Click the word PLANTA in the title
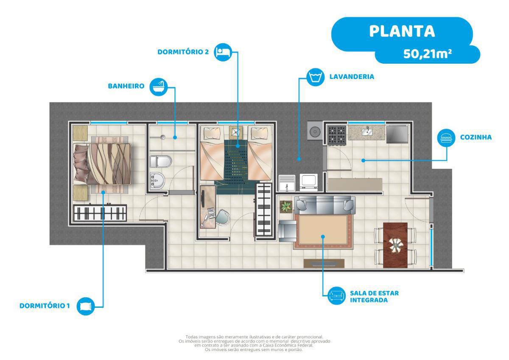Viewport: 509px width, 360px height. pyautogui.click(x=402, y=31)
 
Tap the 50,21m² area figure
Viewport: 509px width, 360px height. pyautogui.click(x=428, y=54)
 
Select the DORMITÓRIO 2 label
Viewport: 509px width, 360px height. pyautogui.click(x=183, y=52)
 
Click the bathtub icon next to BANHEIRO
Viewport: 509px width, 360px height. pyautogui.click(x=159, y=87)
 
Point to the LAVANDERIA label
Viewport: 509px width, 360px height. pyautogui.click(x=352, y=77)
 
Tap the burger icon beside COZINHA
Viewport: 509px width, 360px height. pyautogui.click(x=446, y=138)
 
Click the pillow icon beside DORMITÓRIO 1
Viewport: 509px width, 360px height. pyautogui.click(x=86, y=306)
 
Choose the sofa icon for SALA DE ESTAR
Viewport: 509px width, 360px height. pyautogui.click(x=336, y=295)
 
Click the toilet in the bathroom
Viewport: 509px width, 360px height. pyautogui.click(x=161, y=161)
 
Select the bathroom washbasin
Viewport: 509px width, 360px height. pyautogui.click(x=157, y=180)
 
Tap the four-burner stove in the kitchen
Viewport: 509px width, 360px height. pyautogui.click(x=337, y=135)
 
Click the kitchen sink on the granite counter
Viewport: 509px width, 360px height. pyautogui.click(x=367, y=131)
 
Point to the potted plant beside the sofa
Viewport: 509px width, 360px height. pyautogui.click(x=286, y=207)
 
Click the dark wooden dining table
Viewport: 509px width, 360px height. pyautogui.click(x=395, y=245)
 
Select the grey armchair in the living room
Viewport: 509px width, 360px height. pyautogui.click(x=288, y=231)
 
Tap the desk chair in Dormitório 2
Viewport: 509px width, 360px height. pyautogui.click(x=222, y=217)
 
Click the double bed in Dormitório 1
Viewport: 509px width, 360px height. pyautogui.click(x=102, y=164)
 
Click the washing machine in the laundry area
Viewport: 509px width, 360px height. pyautogui.click(x=309, y=182)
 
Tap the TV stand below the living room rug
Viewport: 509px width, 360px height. pyautogui.click(x=324, y=263)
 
